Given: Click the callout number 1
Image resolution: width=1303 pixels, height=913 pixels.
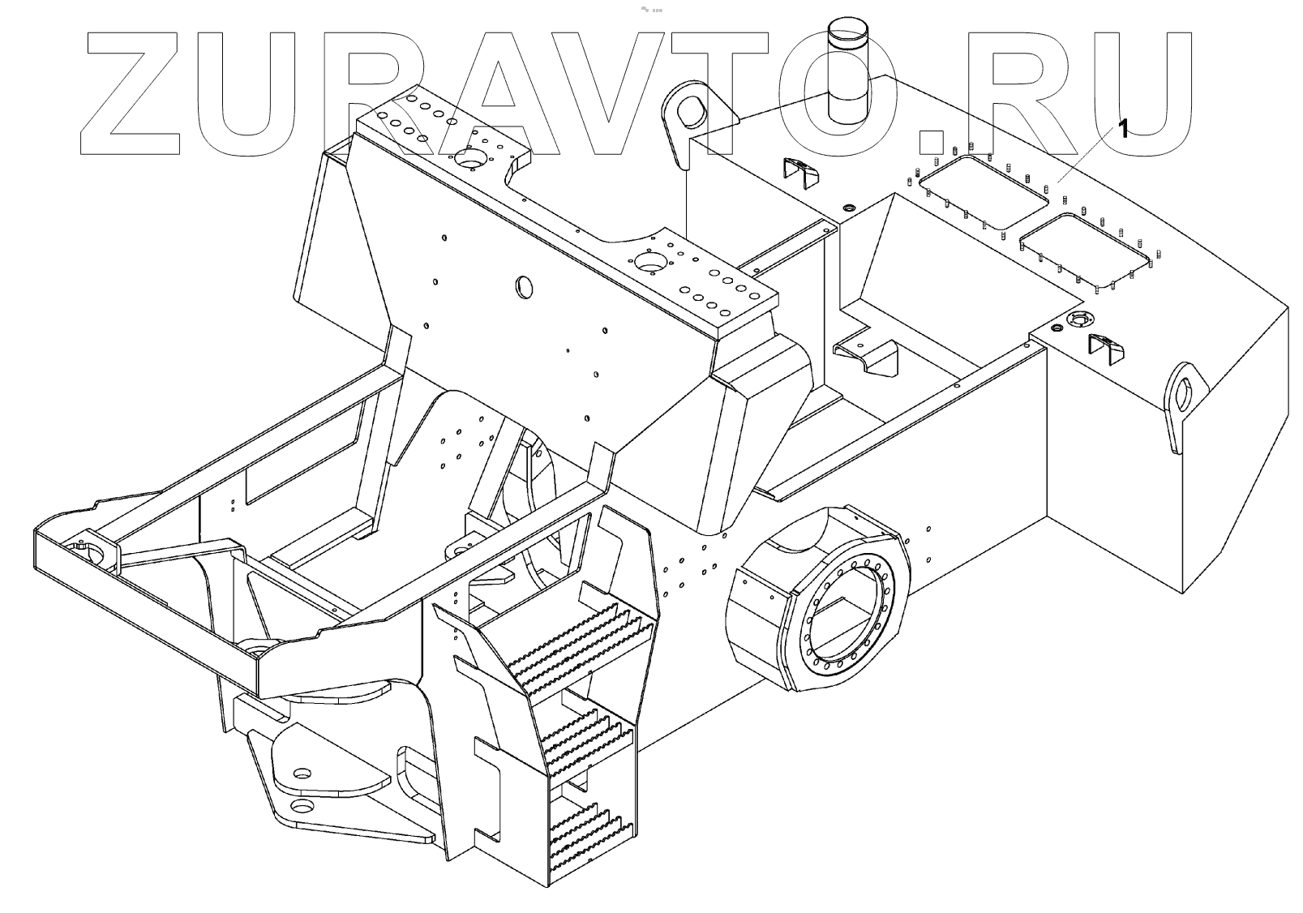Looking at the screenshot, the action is click(x=1123, y=129).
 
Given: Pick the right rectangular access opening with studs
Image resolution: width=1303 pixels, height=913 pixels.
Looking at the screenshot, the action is click(x=1085, y=249).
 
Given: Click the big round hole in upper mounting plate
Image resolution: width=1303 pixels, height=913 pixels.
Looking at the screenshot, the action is click(x=469, y=159).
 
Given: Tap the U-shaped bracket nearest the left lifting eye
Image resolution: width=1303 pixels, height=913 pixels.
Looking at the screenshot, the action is click(x=799, y=172).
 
